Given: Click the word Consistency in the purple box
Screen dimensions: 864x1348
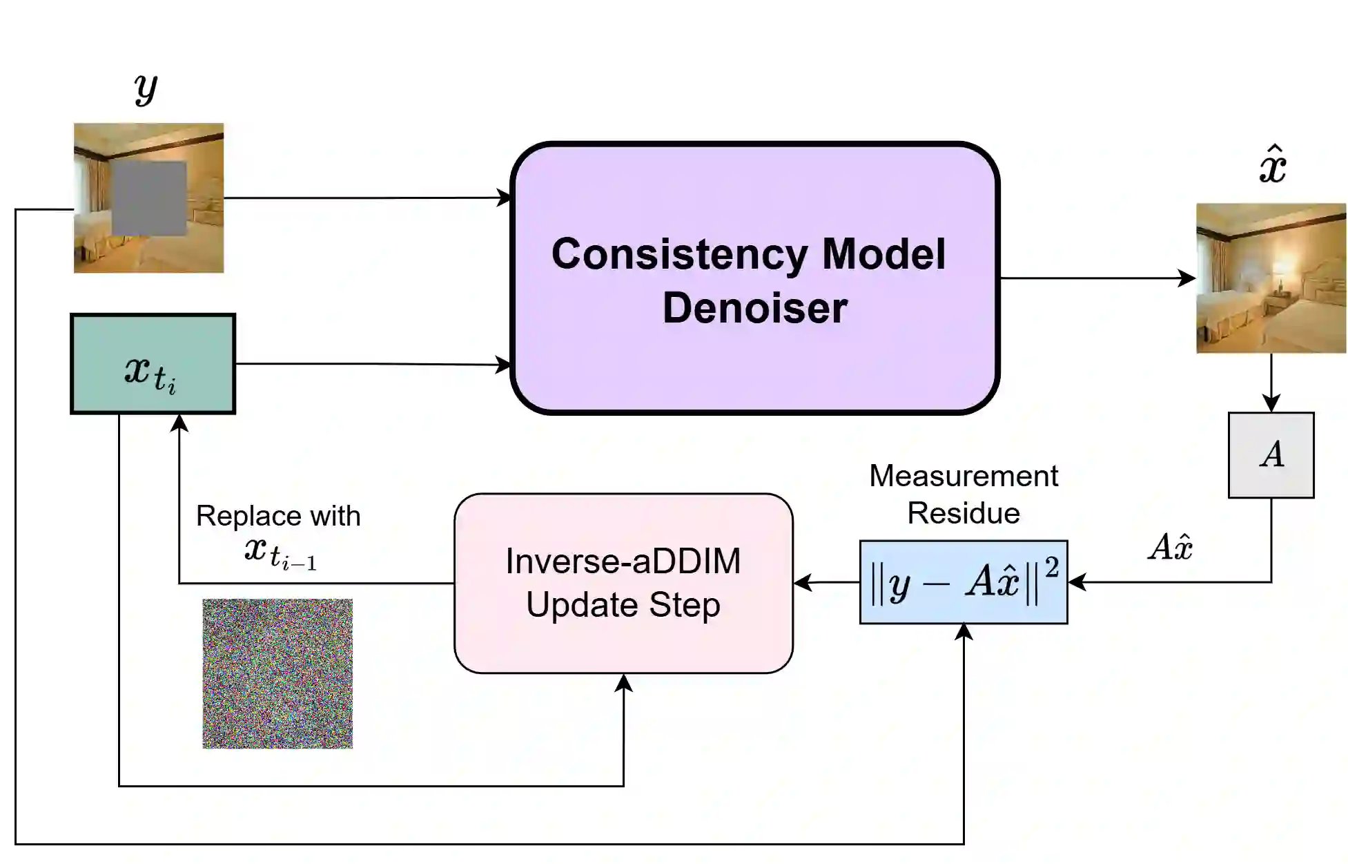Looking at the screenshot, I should (x=679, y=254).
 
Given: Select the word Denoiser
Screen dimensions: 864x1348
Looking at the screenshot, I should (x=754, y=308).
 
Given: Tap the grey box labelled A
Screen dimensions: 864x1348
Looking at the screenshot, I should (x=1271, y=455).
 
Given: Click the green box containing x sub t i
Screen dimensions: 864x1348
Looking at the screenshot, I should (x=153, y=364).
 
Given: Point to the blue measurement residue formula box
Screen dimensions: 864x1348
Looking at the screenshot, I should (x=963, y=582).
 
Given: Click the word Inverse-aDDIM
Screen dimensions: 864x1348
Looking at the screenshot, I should (x=623, y=561).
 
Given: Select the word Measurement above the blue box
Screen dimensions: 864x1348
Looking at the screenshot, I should (x=963, y=476).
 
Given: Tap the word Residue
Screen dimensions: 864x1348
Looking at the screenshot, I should (x=963, y=513).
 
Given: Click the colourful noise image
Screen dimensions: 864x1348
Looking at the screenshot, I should (x=277, y=673).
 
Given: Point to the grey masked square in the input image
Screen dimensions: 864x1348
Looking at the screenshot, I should (x=149, y=198).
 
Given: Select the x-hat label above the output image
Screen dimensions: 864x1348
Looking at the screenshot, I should (x=1272, y=166).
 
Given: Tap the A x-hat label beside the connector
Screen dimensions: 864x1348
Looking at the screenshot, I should (x=1171, y=547).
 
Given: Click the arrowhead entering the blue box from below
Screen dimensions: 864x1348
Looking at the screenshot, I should (x=964, y=631).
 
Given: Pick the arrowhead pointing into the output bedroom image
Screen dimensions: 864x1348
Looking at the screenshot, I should (x=1187, y=278).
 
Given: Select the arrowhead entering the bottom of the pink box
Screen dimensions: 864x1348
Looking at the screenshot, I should (x=623, y=682).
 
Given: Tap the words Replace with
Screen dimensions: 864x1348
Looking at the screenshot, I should (x=278, y=516).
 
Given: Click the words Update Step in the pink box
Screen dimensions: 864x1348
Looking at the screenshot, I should (x=623, y=605).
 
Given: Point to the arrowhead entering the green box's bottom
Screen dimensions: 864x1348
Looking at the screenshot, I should (x=179, y=422).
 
